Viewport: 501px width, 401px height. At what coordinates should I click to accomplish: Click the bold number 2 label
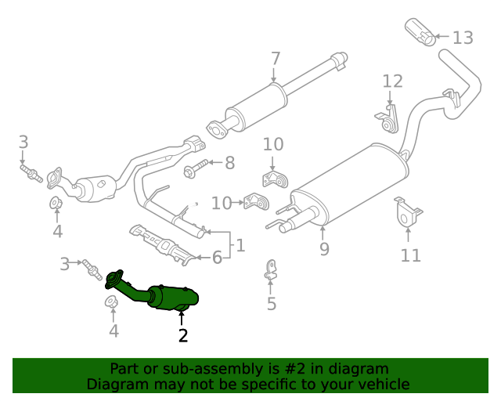(x=182, y=335)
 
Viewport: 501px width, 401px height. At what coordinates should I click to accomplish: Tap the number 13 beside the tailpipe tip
(x=463, y=37)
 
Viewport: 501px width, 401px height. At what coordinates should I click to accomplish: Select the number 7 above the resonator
(x=275, y=59)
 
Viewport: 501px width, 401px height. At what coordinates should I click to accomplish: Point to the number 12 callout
(x=393, y=81)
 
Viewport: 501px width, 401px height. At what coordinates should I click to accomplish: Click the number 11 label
(x=411, y=255)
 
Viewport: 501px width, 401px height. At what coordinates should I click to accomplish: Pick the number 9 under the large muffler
(x=323, y=249)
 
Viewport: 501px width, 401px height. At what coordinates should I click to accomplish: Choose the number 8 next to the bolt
(x=229, y=163)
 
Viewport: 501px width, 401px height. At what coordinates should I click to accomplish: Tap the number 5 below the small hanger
(x=271, y=303)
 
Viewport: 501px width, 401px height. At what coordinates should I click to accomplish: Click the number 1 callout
(x=240, y=245)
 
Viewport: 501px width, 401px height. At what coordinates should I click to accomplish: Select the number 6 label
(x=217, y=256)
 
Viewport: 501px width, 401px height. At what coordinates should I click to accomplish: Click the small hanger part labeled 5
(x=270, y=269)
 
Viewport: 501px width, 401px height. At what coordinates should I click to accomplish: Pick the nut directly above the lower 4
(x=112, y=302)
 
